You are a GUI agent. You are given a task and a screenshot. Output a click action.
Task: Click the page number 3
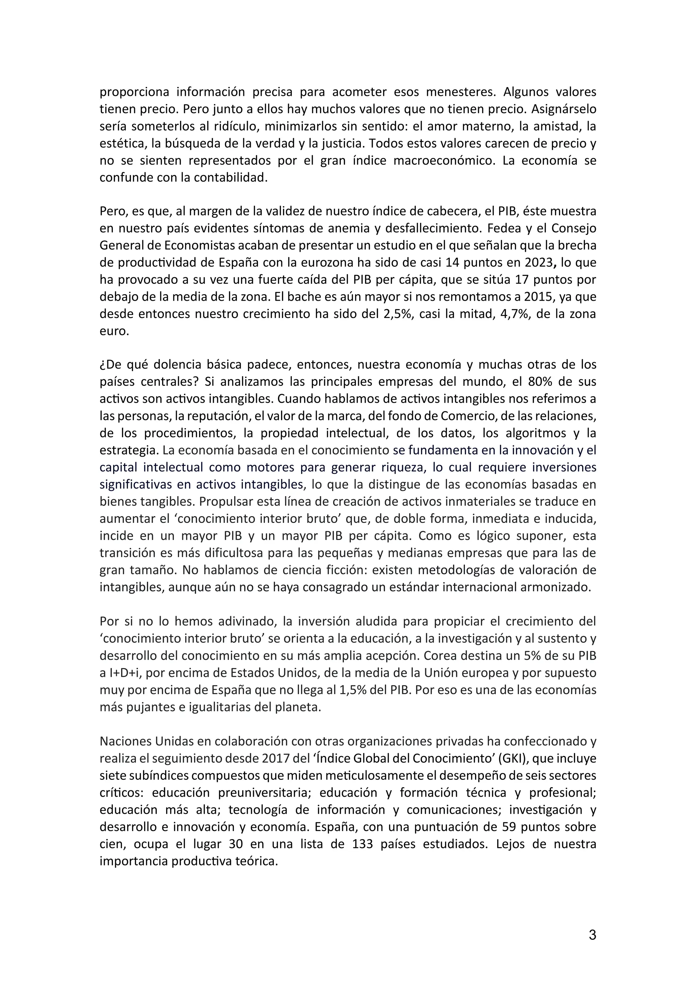(592, 935)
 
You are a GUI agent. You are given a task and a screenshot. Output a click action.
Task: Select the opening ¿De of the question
(108, 365)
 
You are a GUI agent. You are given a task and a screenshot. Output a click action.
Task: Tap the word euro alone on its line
(114, 331)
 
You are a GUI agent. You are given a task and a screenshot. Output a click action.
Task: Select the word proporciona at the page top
(135, 92)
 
